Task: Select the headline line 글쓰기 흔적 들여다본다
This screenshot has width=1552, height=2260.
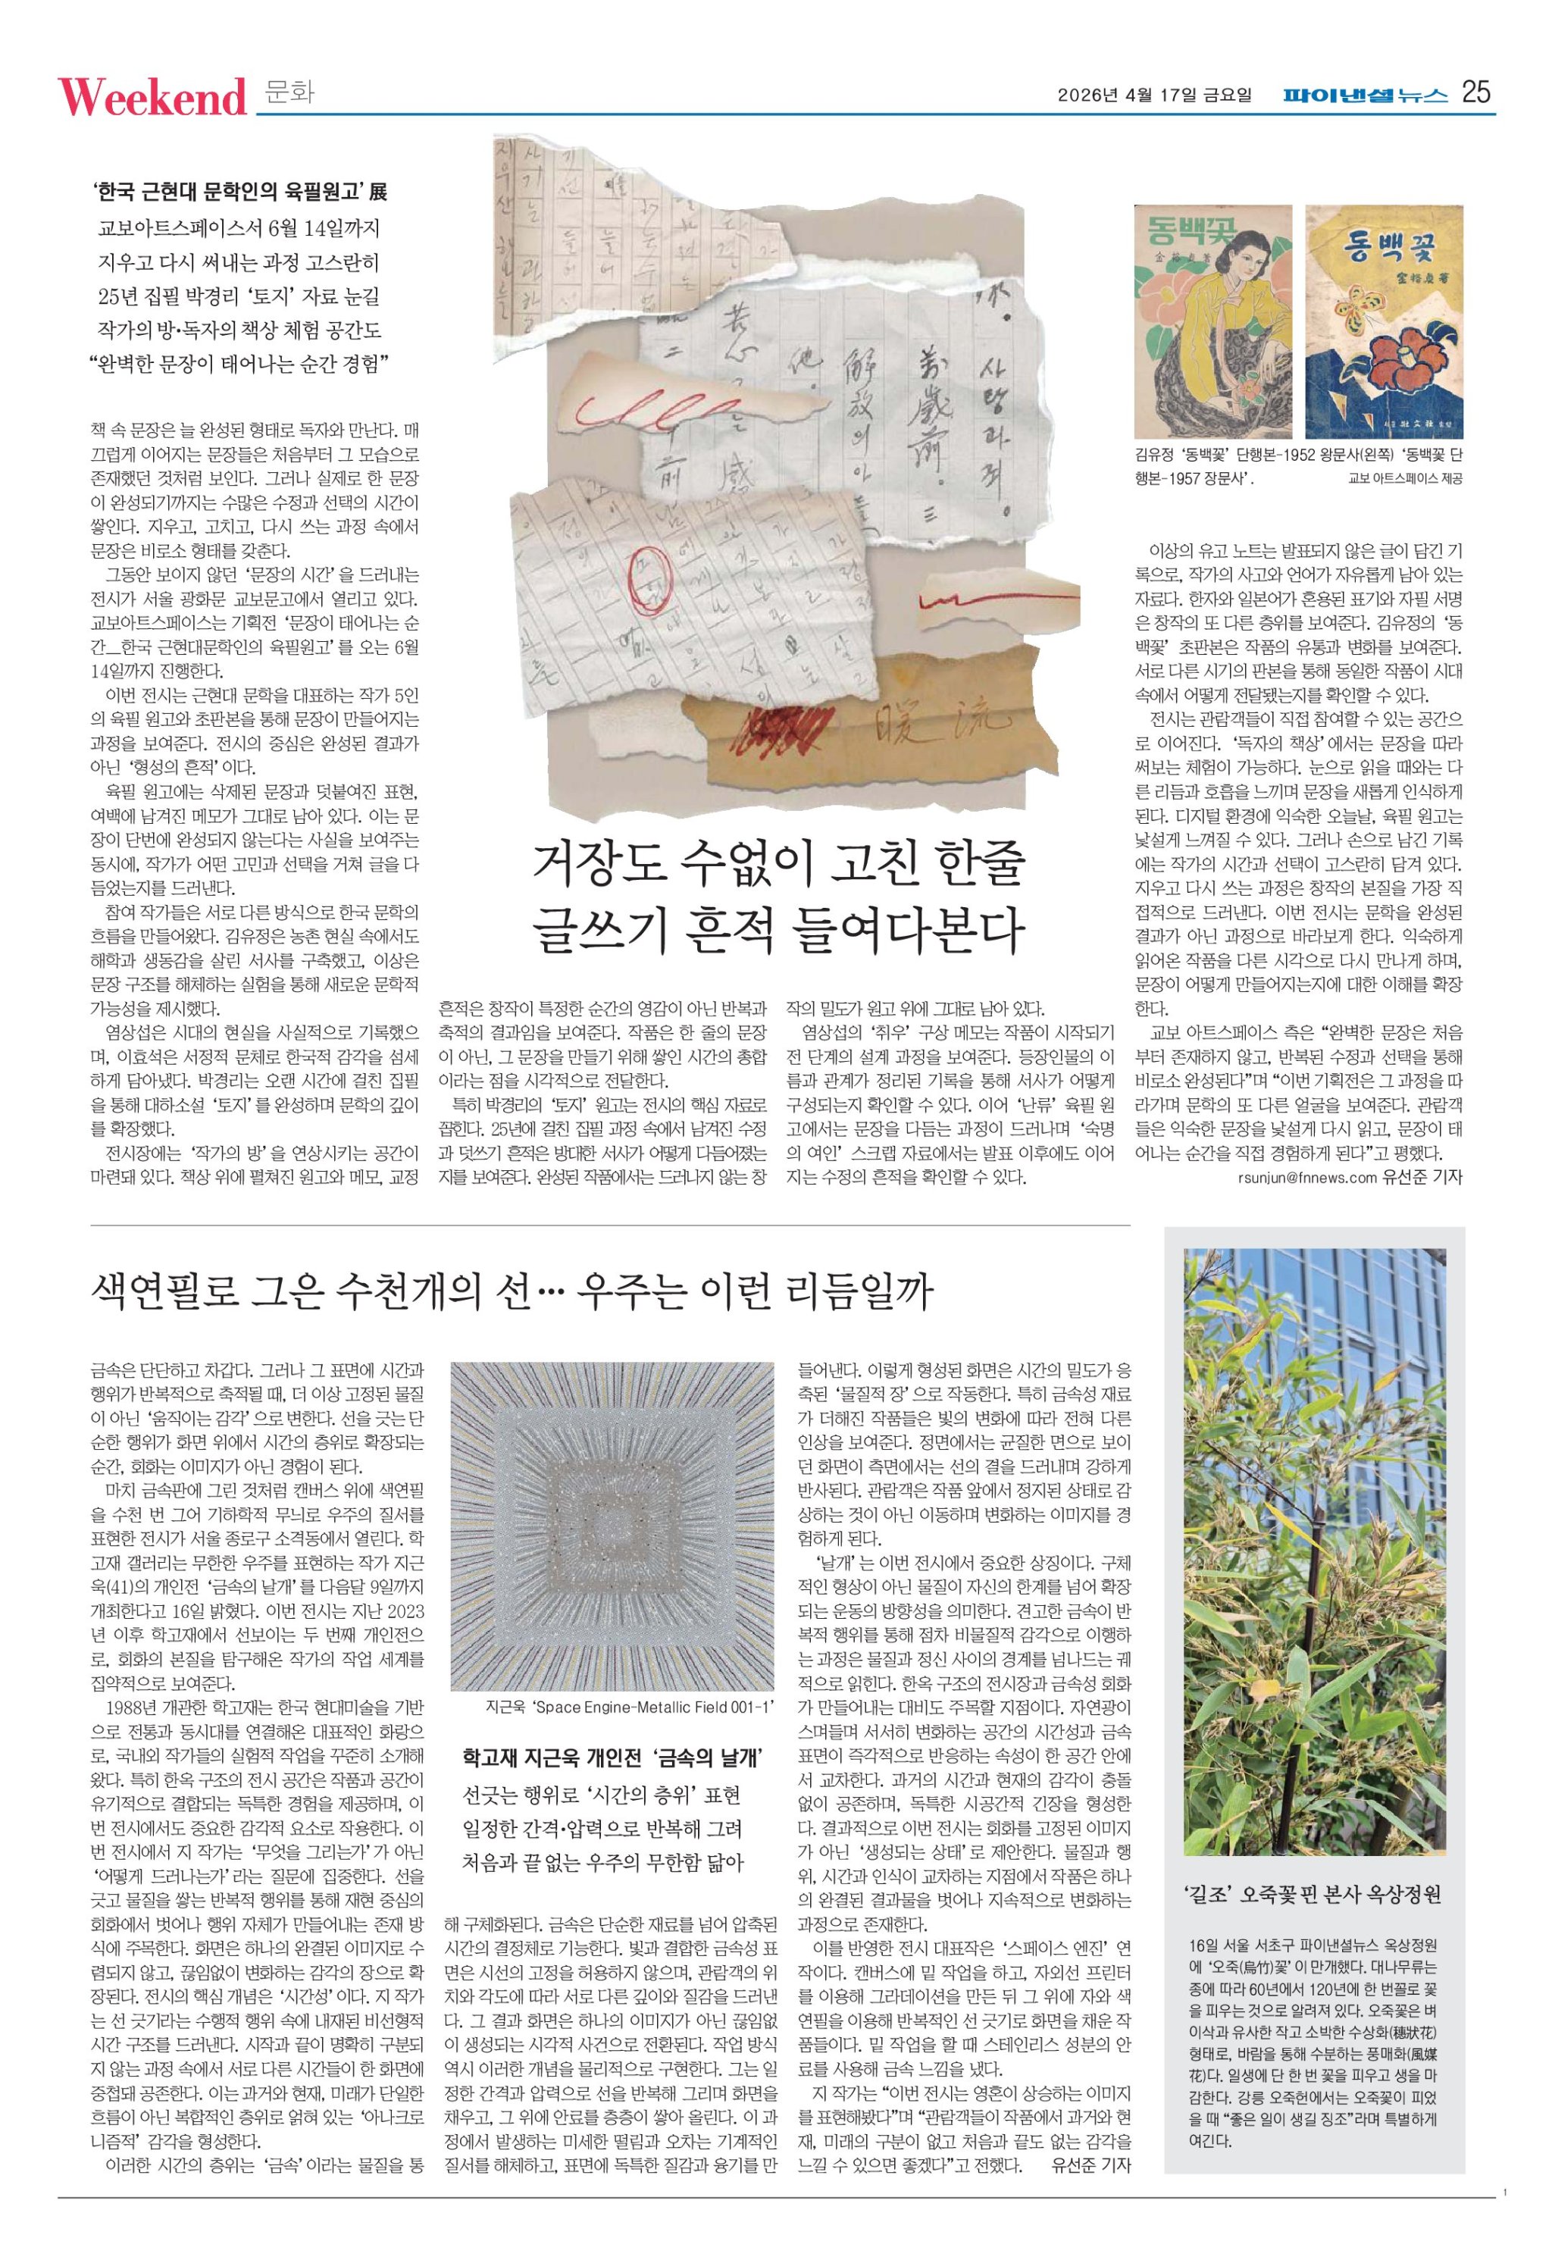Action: coord(778,931)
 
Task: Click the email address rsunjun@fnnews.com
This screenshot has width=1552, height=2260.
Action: coord(1308,1177)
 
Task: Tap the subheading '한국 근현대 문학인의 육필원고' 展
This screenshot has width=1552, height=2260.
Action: coord(241,192)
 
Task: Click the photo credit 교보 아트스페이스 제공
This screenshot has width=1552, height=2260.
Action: coord(1404,480)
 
